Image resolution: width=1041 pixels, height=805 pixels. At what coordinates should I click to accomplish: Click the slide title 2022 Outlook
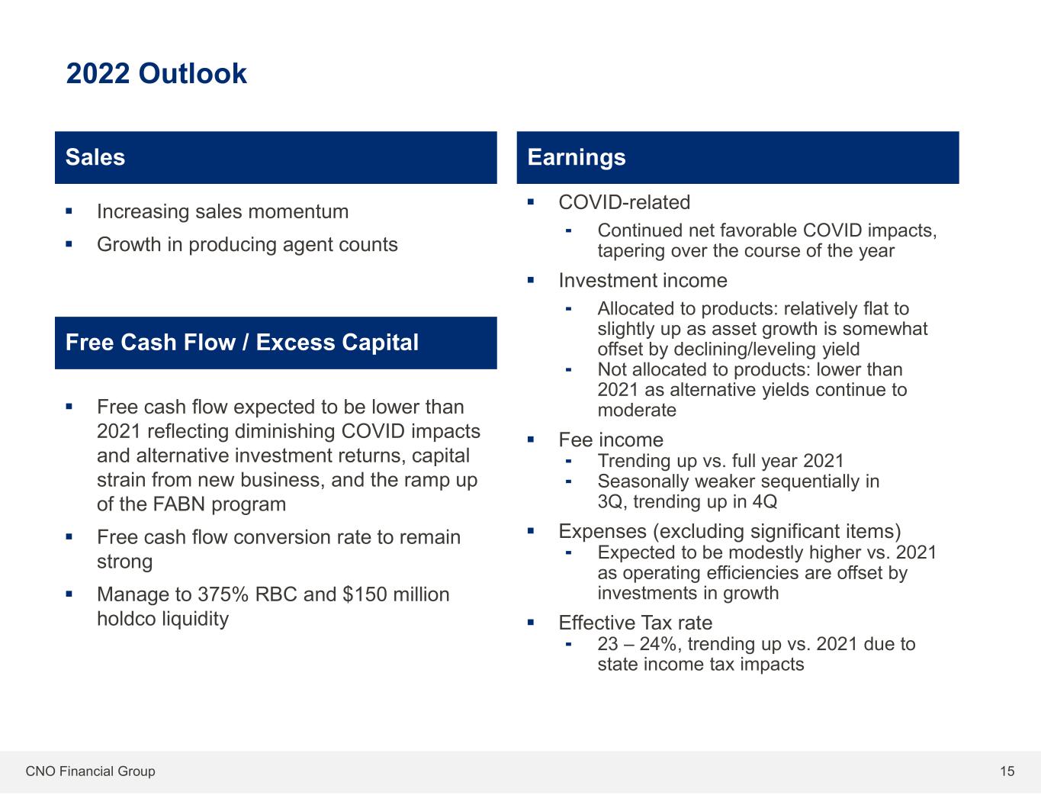click(x=156, y=74)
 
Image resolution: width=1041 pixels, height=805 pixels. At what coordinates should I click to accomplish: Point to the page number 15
click(x=1007, y=771)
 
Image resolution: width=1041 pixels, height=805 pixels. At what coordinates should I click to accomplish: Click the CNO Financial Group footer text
click(x=90, y=771)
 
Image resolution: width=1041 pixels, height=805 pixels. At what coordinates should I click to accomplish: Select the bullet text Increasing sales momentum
click(x=223, y=212)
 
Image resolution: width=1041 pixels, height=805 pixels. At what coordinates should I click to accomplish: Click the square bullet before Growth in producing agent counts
click(x=69, y=244)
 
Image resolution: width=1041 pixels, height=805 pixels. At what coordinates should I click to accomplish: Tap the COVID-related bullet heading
click(x=624, y=202)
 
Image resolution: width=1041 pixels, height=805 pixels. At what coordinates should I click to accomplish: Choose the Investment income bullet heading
click(x=643, y=280)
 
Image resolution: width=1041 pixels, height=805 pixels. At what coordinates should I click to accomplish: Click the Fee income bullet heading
click(x=611, y=440)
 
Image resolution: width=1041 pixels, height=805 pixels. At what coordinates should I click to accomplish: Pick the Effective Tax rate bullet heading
click(x=636, y=623)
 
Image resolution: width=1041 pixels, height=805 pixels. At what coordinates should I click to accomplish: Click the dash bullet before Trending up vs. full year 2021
click(x=569, y=462)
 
